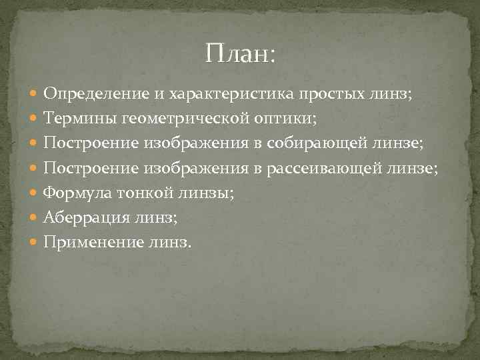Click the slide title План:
pos(240,53)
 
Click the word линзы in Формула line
pos(210,193)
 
